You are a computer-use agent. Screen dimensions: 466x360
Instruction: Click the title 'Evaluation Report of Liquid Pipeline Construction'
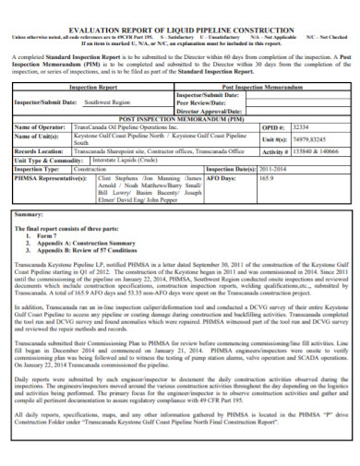tap(179, 28)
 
